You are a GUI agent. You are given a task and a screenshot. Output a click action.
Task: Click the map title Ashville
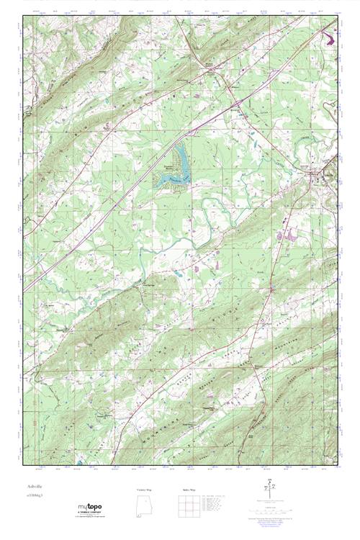tap(30, 487)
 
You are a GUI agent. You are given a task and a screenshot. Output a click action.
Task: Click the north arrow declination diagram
tap(270, 490)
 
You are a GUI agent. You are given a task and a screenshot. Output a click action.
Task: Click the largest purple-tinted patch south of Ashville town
tap(292, 233)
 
